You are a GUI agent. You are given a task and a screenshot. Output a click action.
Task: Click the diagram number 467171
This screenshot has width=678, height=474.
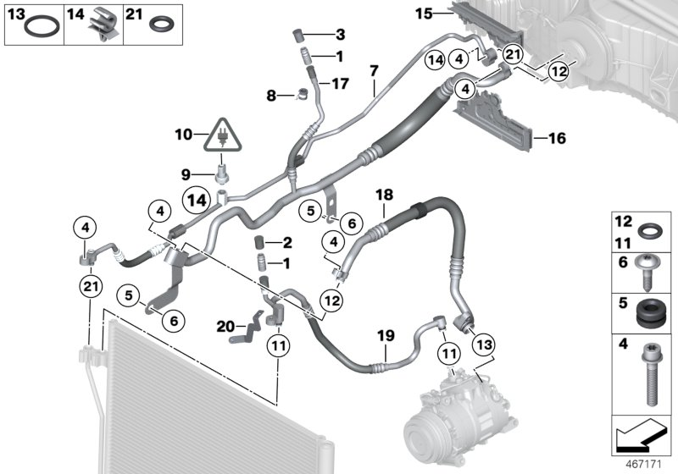(x=644, y=465)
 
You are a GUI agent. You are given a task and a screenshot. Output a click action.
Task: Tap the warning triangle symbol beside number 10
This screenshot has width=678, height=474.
(x=223, y=135)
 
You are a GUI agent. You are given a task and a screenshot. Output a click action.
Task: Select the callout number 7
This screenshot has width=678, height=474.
(x=374, y=71)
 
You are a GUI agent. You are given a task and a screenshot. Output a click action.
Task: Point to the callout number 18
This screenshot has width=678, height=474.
(x=385, y=195)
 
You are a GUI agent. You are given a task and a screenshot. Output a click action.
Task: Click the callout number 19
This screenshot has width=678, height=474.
(x=386, y=335)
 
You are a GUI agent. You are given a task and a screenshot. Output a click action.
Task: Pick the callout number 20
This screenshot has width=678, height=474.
(x=225, y=327)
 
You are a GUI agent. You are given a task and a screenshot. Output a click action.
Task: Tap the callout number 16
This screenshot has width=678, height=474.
(x=557, y=138)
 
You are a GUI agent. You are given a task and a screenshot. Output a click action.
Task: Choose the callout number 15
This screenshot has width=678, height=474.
(x=424, y=14)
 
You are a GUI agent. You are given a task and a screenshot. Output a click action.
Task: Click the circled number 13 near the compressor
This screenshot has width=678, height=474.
(x=484, y=344)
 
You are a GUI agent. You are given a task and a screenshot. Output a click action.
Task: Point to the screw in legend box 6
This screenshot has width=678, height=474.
(x=647, y=273)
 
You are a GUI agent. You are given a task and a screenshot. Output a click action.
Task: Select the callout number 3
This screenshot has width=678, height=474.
(x=341, y=35)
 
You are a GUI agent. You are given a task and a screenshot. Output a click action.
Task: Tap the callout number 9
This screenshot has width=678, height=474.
(x=186, y=175)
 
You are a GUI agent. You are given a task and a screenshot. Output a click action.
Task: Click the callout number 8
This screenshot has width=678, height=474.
(x=271, y=96)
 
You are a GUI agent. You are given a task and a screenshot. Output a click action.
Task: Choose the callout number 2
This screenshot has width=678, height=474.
(x=287, y=243)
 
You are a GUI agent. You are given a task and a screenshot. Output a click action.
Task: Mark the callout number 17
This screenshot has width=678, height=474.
(x=340, y=83)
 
